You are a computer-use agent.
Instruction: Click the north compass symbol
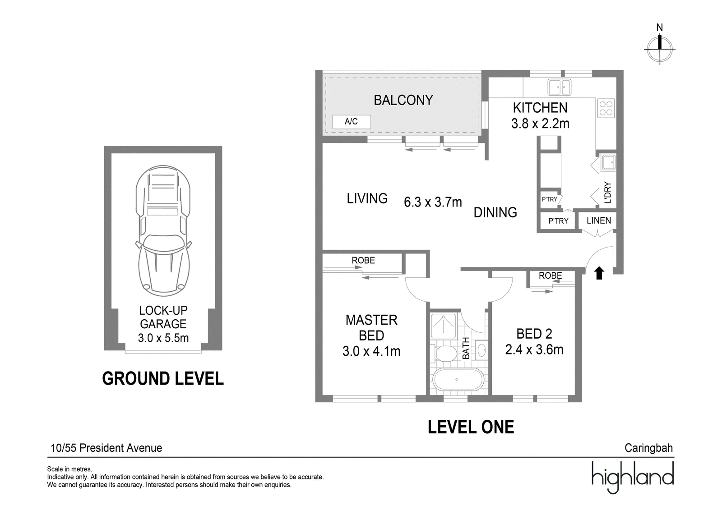pyautogui.click(x=659, y=49)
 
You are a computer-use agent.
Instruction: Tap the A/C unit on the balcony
pyautogui.click(x=352, y=122)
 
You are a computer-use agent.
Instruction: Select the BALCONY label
pyautogui.click(x=403, y=100)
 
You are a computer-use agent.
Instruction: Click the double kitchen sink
pyautogui.click(x=559, y=87)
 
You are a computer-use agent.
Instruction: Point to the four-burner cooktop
pyautogui.click(x=606, y=108)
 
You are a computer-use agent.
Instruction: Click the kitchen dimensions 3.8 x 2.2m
pyautogui.click(x=540, y=124)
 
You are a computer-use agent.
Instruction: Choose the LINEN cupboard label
pyautogui.click(x=598, y=221)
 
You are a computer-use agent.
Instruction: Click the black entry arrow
pyautogui.click(x=599, y=273)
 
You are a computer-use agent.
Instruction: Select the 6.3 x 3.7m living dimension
pyautogui.click(x=433, y=202)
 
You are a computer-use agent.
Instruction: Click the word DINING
pyautogui.click(x=495, y=212)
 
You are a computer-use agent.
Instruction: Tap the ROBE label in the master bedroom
pyautogui.click(x=363, y=260)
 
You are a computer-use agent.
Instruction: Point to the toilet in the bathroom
pyautogui.click(x=444, y=354)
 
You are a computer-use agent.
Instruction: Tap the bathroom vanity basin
pyautogui.click(x=481, y=350)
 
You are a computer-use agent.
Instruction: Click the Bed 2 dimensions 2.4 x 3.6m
pyautogui.click(x=534, y=349)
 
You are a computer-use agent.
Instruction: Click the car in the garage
pyautogui.click(x=163, y=231)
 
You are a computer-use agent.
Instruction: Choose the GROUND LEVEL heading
pyautogui.click(x=163, y=378)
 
